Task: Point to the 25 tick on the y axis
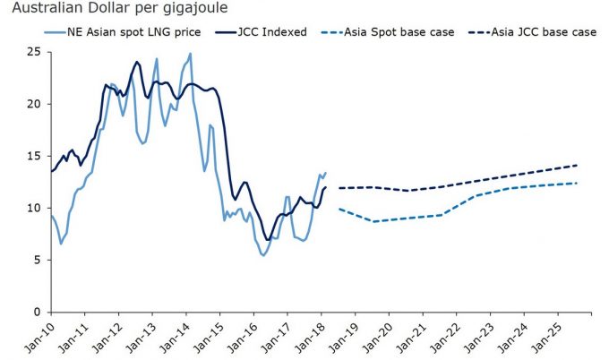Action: (34, 51)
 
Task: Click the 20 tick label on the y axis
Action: (34, 104)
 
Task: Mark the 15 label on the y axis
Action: (34, 156)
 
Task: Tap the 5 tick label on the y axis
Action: (38, 260)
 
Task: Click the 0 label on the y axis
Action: (38, 312)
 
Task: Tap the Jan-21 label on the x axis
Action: (413, 339)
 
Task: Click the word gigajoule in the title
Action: (186, 9)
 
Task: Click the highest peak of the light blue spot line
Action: (190, 54)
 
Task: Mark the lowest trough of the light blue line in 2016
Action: (263, 255)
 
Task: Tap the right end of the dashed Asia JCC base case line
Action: (578, 165)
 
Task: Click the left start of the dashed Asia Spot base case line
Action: (339, 209)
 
